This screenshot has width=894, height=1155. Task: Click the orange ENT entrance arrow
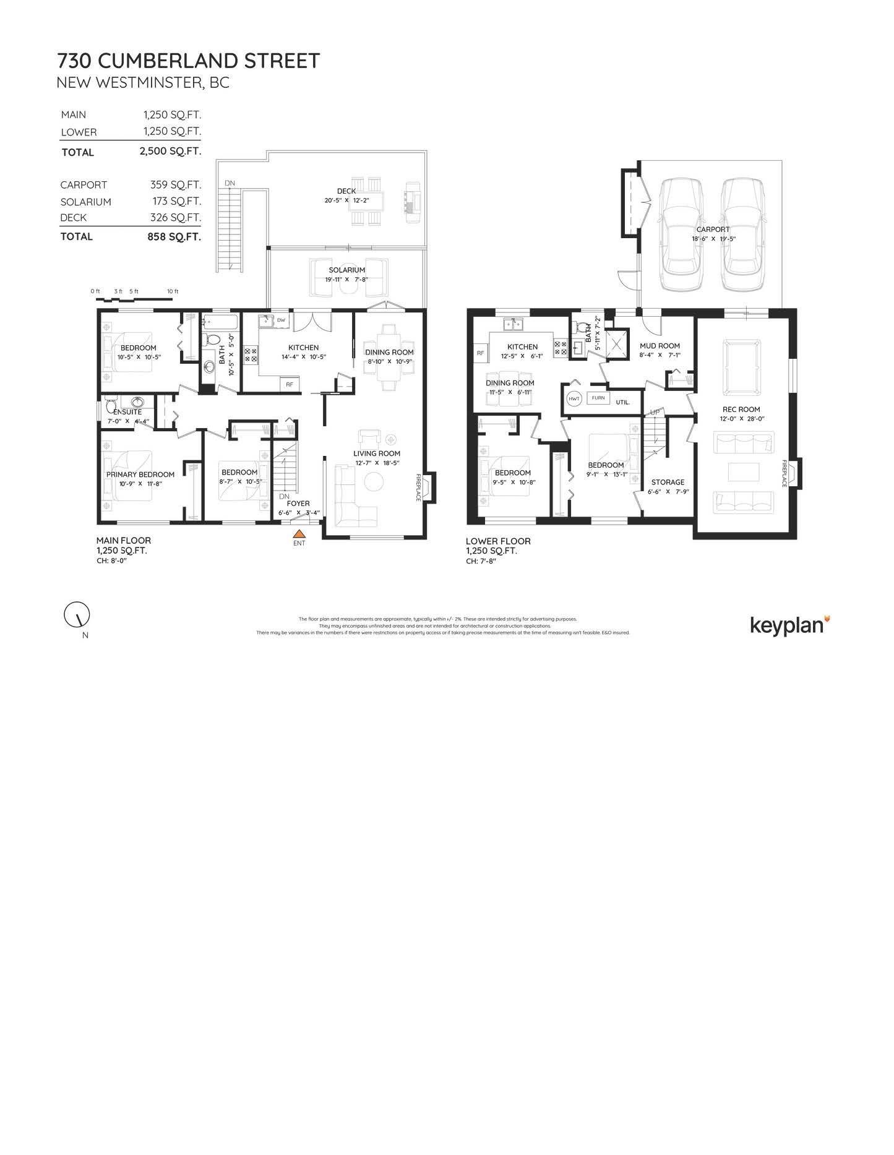pyautogui.click(x=299, y=533)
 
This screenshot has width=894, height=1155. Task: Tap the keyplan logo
pyautogui.click(x=789, y=625)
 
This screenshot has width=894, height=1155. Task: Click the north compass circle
pyautogui.click(x=77, y=614)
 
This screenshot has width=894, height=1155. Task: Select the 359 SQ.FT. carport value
pyautogui.click(x=175, y=185)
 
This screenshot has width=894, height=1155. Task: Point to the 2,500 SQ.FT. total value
pyautogui.click(x=170, y=152)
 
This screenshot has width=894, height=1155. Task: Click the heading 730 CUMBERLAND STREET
pyautogui.click(x=189, y=61)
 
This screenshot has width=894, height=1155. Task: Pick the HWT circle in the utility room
pyautogui.click(x=574, y=398)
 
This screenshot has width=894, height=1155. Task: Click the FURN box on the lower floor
pyautogui.click(x=598, y=398)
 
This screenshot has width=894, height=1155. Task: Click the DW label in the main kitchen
pyautogui.click(x=281, y=320)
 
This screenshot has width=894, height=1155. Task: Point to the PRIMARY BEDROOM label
pyautogui.click(x=140, y=474)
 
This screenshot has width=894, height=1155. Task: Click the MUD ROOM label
pyautogui.click(x=660, y=346)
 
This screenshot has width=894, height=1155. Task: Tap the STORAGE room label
pyautogui.click(x=668, y=482)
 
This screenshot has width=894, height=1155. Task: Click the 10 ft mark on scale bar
pyautogui.click(x=173, y=291)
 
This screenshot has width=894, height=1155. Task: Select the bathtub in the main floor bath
pyautogui.click(x=216, y=322)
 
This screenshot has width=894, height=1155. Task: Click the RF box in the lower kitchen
pyautogui.click(x=480, y=353)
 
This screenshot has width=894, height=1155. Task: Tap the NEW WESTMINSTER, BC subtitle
pyautogui.click(x=143, y=82)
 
